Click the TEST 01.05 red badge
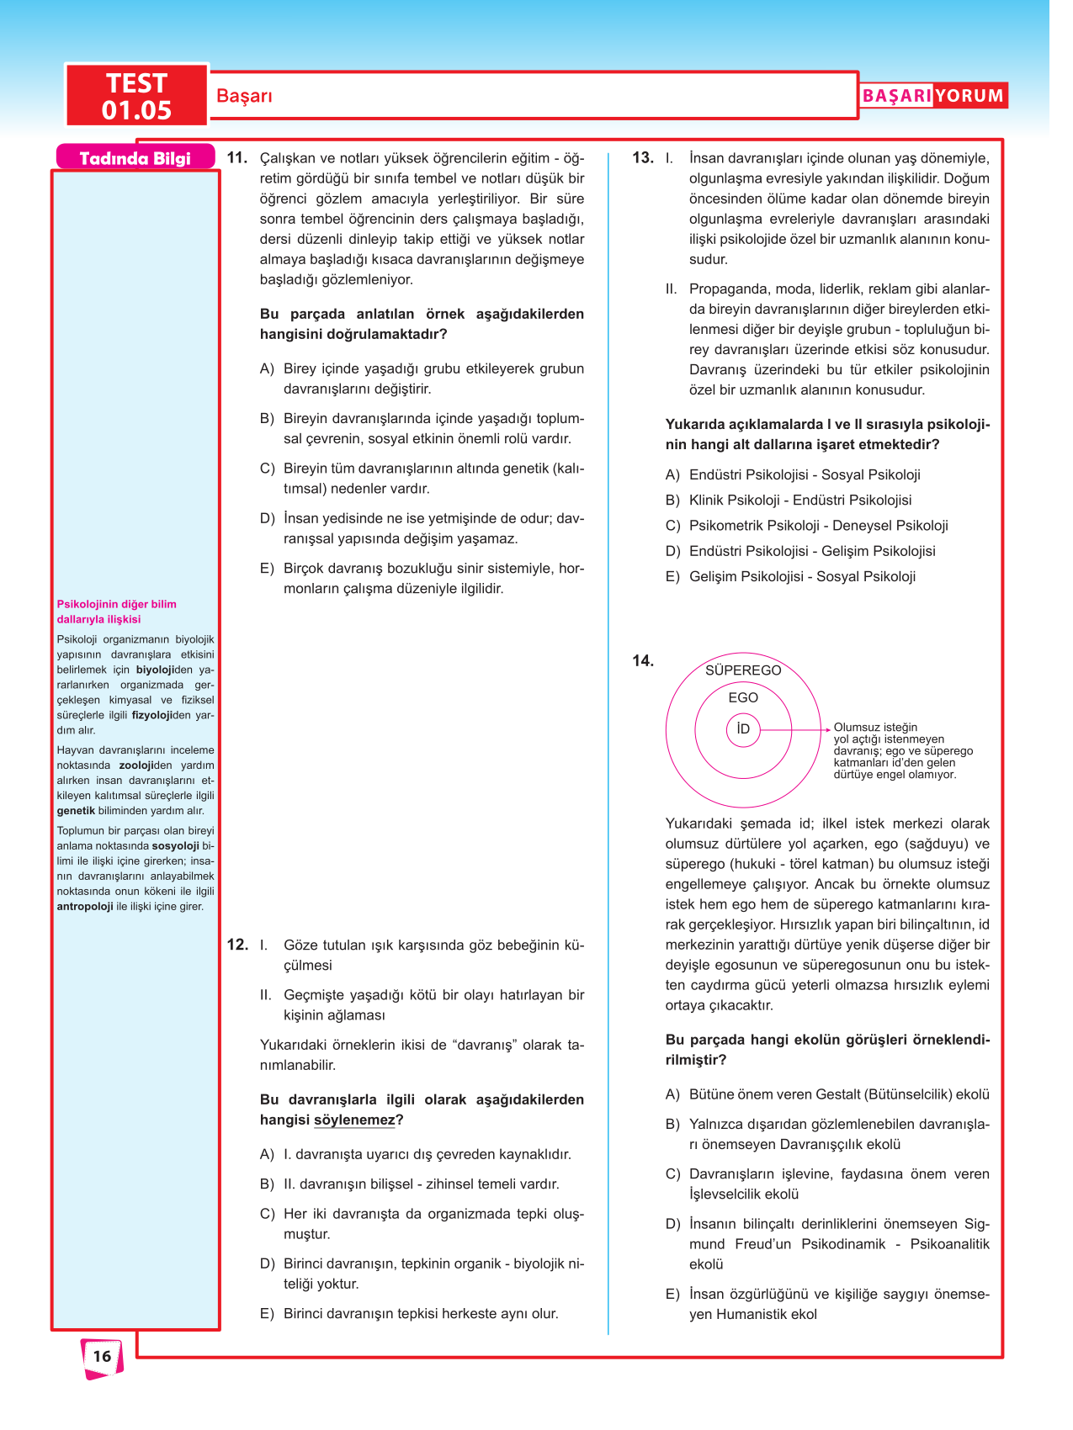[x=136, y=96]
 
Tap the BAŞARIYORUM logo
[x=932, y=96]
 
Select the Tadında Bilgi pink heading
[x=135, y=158]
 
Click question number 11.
[x=236, y=157]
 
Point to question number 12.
[x=236, y=945]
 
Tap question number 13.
[x=642, y=157]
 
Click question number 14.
[x=642, y=660]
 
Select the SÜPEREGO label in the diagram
[x=743, y=670]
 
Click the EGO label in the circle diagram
[x=743, y=697]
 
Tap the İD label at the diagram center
[x=743, y=728]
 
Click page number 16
[x=102, y=1356]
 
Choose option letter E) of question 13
[x=672, y=577]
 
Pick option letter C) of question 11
[x=267, y=469]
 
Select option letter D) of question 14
[x=672, y=1224]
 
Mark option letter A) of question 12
[x=267, y=1154]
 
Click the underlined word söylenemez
[x=353, y=1120]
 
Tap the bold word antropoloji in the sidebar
[x=85, y=907]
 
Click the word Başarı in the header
[x=244, y=96]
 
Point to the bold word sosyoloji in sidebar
[x=175, y=846]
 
